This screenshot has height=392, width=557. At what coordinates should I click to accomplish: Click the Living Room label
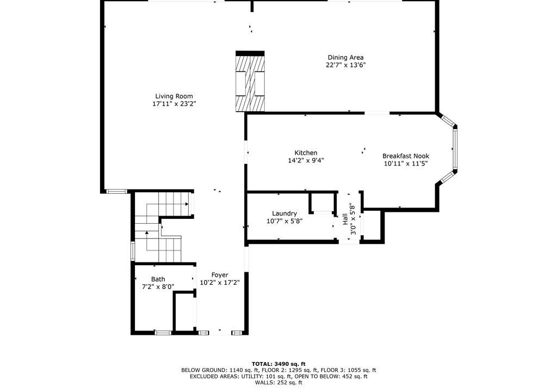point(174,96)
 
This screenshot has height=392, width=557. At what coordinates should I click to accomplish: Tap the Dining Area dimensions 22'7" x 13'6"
point(345,65)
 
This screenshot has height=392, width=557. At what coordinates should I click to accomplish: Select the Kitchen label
point(306,153)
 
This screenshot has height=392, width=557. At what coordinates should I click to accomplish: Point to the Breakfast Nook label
point(406,156)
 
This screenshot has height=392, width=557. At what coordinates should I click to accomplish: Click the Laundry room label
point(284,213)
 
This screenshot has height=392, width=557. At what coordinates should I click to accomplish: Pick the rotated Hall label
point(345,219)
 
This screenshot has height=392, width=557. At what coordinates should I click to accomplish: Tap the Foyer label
point(220,275)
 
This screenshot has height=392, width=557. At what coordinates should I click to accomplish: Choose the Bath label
point(158,279)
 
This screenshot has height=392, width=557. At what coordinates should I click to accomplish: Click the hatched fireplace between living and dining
point(250,82)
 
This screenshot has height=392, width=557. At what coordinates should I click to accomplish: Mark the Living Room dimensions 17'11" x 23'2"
point(174,104)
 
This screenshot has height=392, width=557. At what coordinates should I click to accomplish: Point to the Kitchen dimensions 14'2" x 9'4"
point(306,161)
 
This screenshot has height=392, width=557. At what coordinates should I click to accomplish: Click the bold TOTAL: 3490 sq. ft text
point(278,364)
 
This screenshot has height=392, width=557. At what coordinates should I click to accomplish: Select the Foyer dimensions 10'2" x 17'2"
point(220,283)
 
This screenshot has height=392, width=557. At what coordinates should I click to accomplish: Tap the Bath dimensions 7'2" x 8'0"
point(158,287)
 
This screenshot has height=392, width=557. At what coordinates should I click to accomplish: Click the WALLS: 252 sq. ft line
point(278,383)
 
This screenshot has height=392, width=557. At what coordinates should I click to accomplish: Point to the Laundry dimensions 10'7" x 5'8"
point(284,221)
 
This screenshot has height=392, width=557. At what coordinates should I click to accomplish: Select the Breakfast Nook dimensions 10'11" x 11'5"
point(406,164)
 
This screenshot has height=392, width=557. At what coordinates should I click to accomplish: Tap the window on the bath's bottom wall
point(163,333)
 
